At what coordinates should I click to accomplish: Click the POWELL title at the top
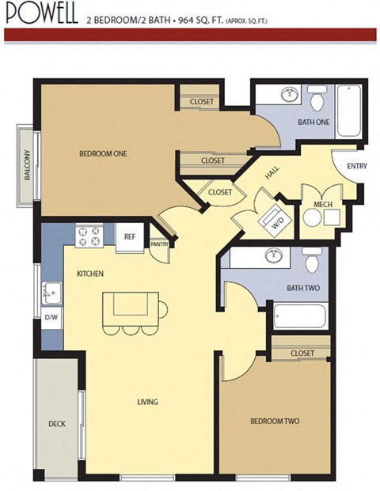[x=40, y=14]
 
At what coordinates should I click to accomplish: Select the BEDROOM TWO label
[x=275, y=421]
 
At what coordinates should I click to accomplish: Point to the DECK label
[x=56, y=424]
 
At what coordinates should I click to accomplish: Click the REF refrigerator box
[x=128, y=235]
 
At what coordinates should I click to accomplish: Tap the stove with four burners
[x=89, y=236]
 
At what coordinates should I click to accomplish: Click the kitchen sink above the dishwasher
[x=51, y=293]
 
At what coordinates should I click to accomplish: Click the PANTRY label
[x=161, y=245]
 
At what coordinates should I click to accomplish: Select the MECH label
[x=322, y=204]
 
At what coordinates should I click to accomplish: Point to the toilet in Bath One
[x=317, y=99]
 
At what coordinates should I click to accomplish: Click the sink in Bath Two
[x=275, y=256]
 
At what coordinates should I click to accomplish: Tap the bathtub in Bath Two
[x=299, y=316]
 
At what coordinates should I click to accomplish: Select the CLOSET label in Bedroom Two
[x=302, y=353]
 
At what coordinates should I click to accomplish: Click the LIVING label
[x=147, y=402]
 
